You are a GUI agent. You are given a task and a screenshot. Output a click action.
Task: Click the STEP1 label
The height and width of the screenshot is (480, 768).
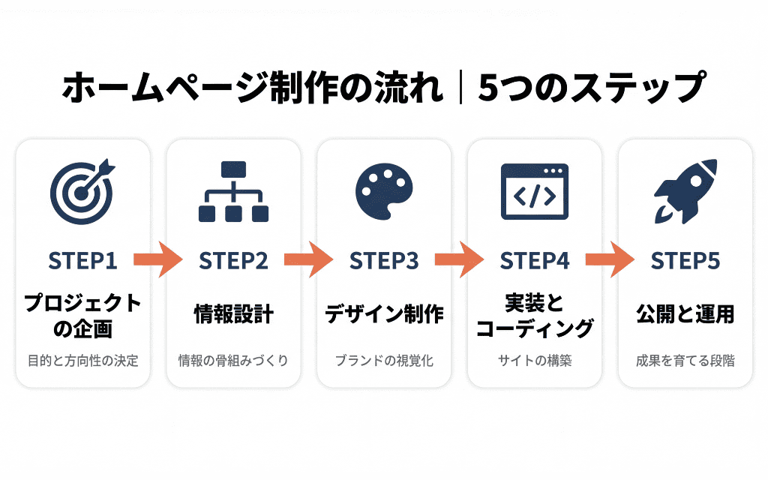(x=82, y=261)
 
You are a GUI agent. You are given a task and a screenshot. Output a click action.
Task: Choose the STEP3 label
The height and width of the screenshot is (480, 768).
(x=384, y=261)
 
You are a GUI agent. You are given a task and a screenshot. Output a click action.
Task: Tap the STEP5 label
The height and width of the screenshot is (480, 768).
(x=685, y=261)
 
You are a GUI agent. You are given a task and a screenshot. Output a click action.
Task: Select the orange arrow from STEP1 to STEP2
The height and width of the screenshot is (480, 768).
(x=158, y=259)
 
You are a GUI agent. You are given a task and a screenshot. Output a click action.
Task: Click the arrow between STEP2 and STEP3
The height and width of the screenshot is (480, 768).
(x=309, y=259)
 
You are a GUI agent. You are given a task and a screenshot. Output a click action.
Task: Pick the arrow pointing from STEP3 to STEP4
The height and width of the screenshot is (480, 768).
(x=460, y=259)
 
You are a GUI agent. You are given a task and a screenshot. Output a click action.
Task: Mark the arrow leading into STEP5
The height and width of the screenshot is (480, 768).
(x=610, y=259)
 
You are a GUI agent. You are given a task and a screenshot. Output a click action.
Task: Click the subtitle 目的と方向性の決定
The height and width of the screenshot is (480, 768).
(x=82, y=361)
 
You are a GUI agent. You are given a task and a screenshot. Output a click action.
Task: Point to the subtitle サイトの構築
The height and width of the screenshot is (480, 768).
(x=535, y=361)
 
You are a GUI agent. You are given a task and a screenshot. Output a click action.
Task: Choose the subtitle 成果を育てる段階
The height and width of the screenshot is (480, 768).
(x=685, y=361)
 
